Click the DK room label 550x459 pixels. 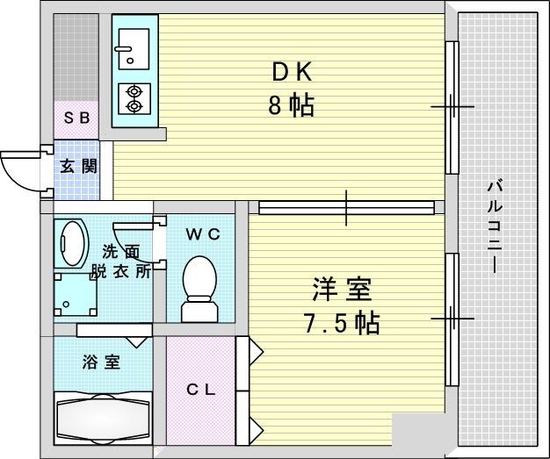[x=292, y=73]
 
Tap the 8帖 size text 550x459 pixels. [x=291, y=105]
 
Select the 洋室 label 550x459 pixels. [x=341, y=289]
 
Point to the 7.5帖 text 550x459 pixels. [x=341, y=323]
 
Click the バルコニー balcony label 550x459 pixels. [x=495, y=226]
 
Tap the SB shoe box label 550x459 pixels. [x=76, y=118]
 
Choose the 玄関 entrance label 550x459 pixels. [x=78, y=167]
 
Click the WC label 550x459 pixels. [x=203, y=234]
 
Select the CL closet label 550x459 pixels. [x=200, y=390]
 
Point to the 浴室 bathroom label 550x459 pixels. [x=102, y=362]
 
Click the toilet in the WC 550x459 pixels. [x=199, y=289]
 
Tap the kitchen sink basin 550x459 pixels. [x=134, y=48]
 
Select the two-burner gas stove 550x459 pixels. [x=134, y=99]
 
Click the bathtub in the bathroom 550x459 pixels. [x=103, y=419]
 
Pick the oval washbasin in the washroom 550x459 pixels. [x=71, y=243]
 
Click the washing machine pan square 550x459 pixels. [x=76, y=295]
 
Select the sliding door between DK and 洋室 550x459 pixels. [x=346, y=207]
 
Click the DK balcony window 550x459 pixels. [x=452, y=107]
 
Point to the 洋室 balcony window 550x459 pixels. [x=452, y=319]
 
